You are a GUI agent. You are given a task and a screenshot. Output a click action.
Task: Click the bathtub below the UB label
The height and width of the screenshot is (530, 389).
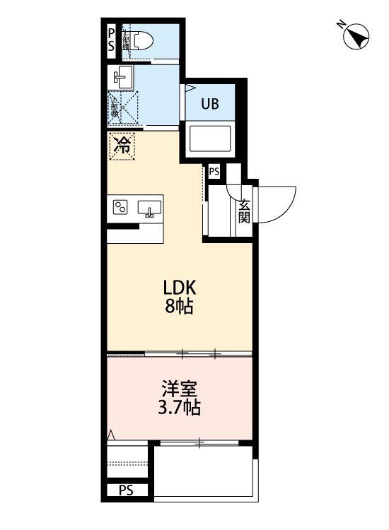click(211, 138)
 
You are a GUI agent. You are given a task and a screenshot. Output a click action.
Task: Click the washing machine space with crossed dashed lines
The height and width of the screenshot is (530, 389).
click(122, 109)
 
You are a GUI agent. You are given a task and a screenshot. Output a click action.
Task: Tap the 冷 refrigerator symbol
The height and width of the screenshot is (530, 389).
click(122, 146)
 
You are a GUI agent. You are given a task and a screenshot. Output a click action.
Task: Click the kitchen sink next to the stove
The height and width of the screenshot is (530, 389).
click(149, 208)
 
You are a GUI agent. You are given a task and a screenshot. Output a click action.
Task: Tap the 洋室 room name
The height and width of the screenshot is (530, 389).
click(180, 389)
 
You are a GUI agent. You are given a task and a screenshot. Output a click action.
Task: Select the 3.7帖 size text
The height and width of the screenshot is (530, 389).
click(180, 408)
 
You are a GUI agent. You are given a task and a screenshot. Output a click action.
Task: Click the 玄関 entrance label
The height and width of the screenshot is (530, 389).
click(244, 211)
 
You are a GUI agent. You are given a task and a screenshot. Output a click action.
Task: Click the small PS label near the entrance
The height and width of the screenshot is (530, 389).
click(214, 171)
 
